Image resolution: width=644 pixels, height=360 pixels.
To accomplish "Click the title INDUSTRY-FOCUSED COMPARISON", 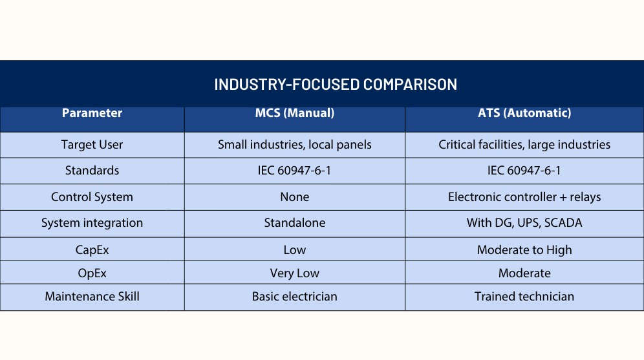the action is coord(336,84).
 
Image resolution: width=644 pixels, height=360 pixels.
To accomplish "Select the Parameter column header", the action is coord(92,113).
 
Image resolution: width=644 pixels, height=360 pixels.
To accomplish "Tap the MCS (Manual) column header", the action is coord(294,113).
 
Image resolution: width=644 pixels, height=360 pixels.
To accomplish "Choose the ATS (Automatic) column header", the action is coord(524,113).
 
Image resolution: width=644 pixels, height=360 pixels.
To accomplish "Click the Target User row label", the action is coord(92,145).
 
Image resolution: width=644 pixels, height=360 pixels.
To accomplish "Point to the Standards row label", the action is coord(92,171).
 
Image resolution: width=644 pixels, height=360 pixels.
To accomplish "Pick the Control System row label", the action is coord(92,197).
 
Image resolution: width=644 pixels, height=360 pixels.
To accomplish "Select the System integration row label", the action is coord(92,223).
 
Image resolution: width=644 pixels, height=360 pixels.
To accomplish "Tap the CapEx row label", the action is coord(92,250).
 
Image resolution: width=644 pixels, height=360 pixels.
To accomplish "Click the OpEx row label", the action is coord(92,273).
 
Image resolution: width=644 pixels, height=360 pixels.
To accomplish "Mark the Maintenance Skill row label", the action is coord(92,297).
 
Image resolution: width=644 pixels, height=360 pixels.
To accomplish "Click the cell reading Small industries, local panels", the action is coord(294,145).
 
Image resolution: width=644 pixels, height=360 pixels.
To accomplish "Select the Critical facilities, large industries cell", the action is coord(524,145).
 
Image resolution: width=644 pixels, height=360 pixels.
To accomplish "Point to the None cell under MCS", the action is coord(294,197).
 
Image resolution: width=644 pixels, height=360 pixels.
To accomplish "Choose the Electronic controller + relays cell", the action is coord(524,197).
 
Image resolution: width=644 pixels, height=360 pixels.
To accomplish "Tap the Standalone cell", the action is coord(294,223).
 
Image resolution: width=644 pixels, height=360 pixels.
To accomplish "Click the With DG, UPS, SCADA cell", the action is coord(524,223).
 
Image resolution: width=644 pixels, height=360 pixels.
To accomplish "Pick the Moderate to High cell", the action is coord(524,250).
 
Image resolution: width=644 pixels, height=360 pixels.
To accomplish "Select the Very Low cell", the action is coord(294,273).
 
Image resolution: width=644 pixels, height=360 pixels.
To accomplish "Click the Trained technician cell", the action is coord(524,297).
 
